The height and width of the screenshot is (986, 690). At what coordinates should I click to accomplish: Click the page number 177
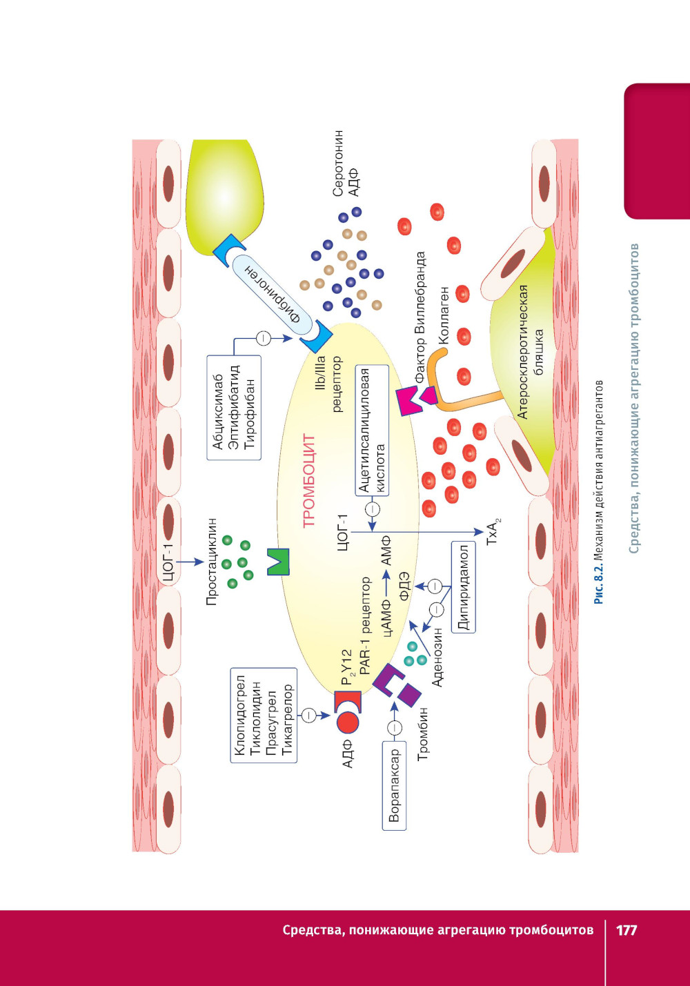(626, 929)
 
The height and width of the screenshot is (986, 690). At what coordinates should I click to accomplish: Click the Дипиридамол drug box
(463, 587)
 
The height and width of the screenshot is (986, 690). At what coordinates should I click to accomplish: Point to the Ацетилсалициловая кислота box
(372, 430)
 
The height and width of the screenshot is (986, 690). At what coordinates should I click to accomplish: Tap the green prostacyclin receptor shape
(278, 562)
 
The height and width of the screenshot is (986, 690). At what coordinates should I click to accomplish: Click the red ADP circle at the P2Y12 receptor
(348, 722)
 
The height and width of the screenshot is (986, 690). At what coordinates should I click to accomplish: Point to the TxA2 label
(493, 532)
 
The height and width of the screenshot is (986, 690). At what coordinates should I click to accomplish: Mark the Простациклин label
(212, 562)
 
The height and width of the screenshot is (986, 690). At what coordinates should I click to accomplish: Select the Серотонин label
(338, 163)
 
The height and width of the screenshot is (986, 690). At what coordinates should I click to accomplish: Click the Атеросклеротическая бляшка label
(531, 351)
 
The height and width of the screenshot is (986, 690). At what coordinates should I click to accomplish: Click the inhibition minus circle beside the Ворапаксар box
(394, 728)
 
